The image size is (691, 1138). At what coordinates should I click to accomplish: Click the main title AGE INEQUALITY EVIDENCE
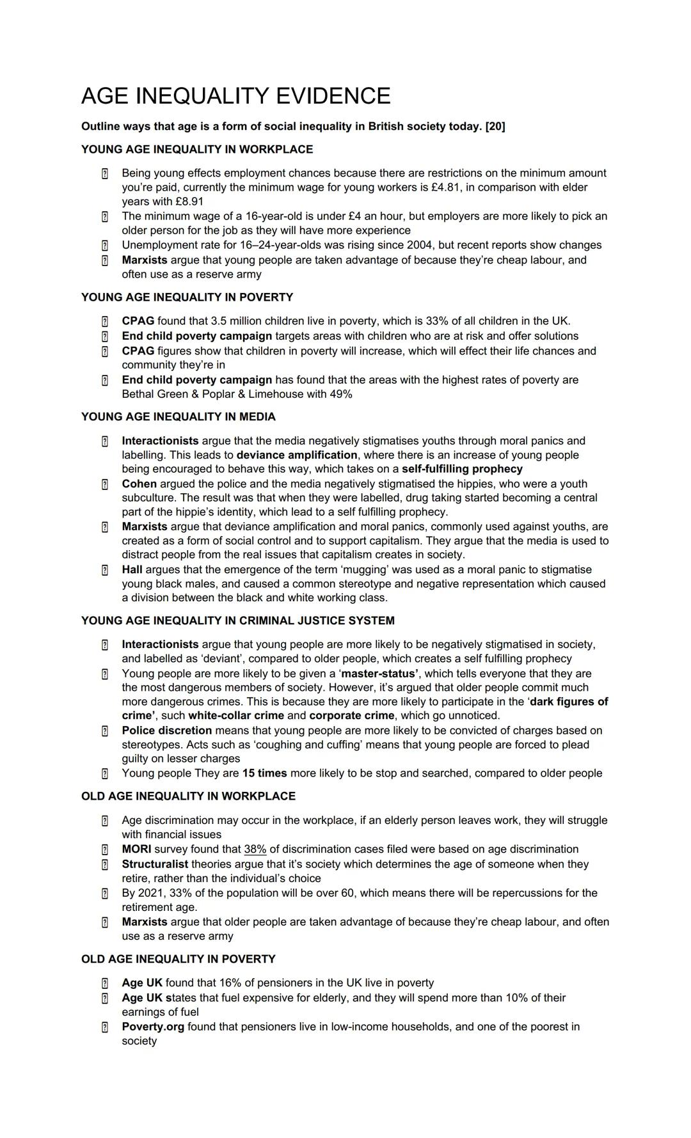(235, 96)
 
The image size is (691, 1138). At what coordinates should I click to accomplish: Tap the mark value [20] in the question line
(495, 127)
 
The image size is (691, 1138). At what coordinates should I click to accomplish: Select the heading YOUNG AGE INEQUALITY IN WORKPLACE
(197, 150)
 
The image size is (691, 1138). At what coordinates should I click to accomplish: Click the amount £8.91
(189, 202)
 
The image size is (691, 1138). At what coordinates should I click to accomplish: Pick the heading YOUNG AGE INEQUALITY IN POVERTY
(187, 297)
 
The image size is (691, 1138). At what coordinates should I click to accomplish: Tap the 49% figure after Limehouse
(341, 394)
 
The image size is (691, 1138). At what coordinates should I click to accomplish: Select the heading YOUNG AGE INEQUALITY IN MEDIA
(179, 417)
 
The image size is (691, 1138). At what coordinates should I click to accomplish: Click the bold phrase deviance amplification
(297, 455)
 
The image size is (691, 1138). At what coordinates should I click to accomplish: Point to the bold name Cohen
(139, 484)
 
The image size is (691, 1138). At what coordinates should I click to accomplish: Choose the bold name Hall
(132, 570)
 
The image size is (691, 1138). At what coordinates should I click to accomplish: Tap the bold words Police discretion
(166, 731)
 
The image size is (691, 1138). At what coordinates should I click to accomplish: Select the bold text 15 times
(264, 773)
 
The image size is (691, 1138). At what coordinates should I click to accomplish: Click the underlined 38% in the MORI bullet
(255, 850)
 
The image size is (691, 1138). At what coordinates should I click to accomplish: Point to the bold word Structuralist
(155, 864)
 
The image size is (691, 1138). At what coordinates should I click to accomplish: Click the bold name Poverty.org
(153, 1027)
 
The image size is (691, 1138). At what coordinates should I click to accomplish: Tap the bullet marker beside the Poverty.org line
(104, 1027)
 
